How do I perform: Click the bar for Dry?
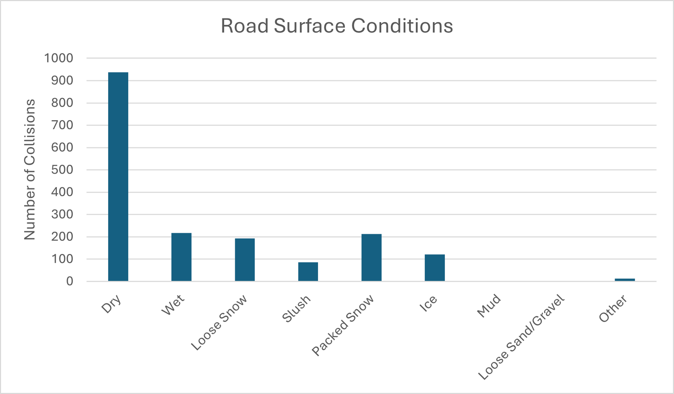pos(118,176)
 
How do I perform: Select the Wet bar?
pos(181,257)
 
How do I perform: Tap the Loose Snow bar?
pos(245,260)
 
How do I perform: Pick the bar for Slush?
pos(308,272)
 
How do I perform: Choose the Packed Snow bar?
pos(371,258)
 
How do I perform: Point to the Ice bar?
pos(435,267)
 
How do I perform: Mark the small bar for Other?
pos(625,280)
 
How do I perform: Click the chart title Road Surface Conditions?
pos(337,26)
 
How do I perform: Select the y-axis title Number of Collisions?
pos(30,169)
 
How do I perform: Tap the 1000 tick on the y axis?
pos(59,58)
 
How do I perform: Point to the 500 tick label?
pos(62,170)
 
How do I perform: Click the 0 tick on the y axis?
pos(70,281)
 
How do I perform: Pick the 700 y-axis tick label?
pos(62,125)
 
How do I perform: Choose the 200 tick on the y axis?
pos(62,237)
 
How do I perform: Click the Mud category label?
pos(489,306)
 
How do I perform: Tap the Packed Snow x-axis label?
pos(343,325)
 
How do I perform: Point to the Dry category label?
pos(111,304)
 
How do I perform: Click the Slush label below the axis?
pos(297,309)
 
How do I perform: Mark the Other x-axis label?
pos(613,309)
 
